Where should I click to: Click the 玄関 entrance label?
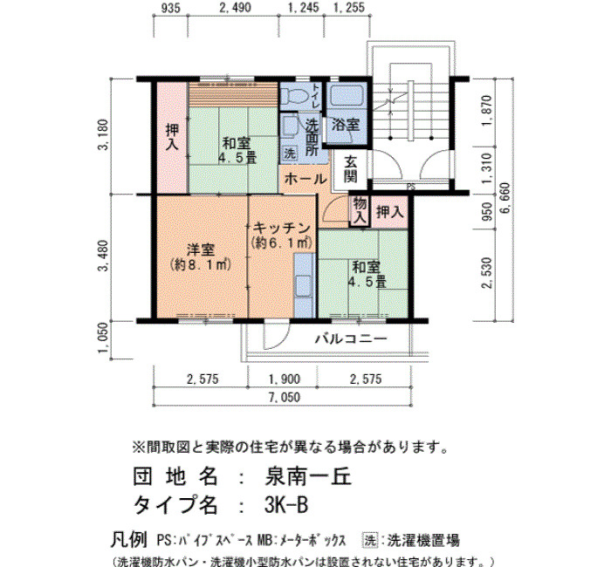[350, 170]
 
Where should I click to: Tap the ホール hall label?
[305, 179]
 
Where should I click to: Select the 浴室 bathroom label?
[346, 125]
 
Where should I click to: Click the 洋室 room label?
[201, 249]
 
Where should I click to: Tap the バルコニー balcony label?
[351, 338]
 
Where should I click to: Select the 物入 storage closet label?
[360, 210]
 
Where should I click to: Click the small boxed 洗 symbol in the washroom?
[289, 153]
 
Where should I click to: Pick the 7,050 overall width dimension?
[284, 398]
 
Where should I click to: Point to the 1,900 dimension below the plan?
[285, 379]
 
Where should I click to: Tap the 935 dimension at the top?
[171, 8]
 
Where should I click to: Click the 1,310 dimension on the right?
[487, 167]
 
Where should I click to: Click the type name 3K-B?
[286, 505]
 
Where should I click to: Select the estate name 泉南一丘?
[308, 476]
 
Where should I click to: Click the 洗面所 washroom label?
[312, 138]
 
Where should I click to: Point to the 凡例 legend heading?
[129, 540]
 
